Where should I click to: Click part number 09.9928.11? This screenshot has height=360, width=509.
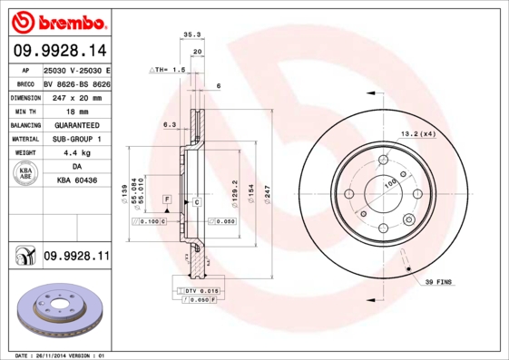tap(76, 257)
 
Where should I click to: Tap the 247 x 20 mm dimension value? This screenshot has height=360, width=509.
tap(76, 96)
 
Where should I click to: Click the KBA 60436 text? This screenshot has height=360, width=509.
tap(76, 181)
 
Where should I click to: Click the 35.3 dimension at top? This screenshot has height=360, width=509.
tap(191, 34)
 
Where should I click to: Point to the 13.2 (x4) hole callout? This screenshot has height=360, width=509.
tap(418, 133)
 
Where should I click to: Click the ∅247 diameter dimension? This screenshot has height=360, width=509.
tap(267, 194)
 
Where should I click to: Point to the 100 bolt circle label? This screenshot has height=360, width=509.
tap(391, 184)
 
